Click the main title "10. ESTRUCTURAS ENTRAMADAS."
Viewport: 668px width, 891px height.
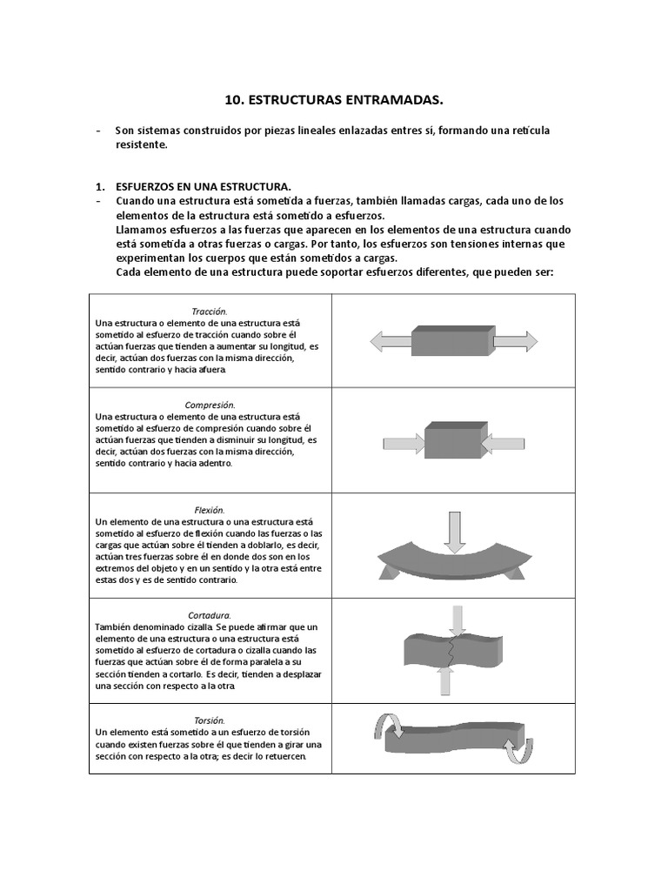333,100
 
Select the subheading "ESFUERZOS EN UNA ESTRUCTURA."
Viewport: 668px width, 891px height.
204,187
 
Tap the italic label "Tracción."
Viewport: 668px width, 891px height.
210,311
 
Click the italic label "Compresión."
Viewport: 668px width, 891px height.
210,405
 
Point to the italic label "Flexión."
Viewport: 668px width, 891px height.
210,509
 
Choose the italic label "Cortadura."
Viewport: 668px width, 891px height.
210,614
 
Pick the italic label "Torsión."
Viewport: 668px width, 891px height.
210,720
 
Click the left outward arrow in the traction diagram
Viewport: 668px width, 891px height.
389,342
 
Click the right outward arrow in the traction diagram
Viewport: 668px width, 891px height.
516,342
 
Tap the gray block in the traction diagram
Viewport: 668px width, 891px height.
451,340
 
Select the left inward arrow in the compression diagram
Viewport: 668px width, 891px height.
403,444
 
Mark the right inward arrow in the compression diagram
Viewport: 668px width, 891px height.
503,444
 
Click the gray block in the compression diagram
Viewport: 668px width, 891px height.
452,440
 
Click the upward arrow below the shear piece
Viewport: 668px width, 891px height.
445,680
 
